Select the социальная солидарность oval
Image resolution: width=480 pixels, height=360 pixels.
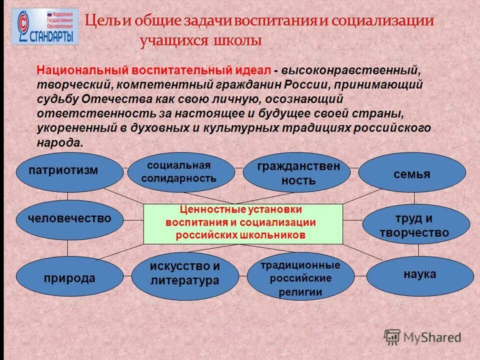180,172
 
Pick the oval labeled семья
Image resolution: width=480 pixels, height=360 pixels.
411,173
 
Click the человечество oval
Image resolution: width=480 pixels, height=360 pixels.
69,218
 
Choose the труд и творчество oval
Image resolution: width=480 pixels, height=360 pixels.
415,225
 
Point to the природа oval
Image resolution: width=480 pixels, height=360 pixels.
69,278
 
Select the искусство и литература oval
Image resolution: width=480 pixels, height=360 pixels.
185,273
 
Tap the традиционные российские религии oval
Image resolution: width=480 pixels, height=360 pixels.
300,278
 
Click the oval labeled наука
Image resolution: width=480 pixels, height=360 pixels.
419,274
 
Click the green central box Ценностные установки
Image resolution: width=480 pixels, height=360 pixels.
243,223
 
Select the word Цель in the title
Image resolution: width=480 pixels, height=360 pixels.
99,21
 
